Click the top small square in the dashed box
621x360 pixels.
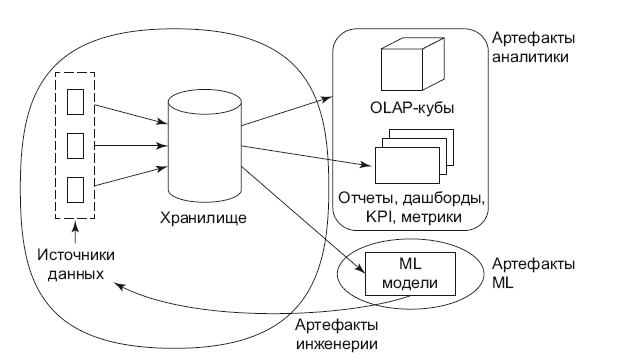pos(74,101)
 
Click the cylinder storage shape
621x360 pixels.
pos(204,145)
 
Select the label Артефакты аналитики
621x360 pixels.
pos(534,48)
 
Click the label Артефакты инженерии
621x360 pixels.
pos(336,335)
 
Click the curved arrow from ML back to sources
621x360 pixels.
pos(230,300)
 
